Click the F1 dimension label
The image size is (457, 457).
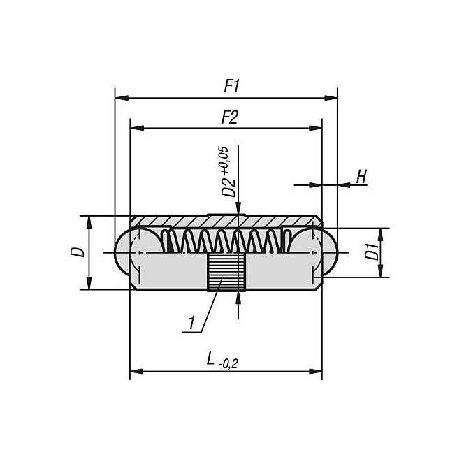(x=231, y=87)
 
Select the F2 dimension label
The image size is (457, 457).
(x=229, y=117)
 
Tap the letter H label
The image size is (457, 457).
(x=361, y=176)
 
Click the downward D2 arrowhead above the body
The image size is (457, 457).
(x=239, y=210)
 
